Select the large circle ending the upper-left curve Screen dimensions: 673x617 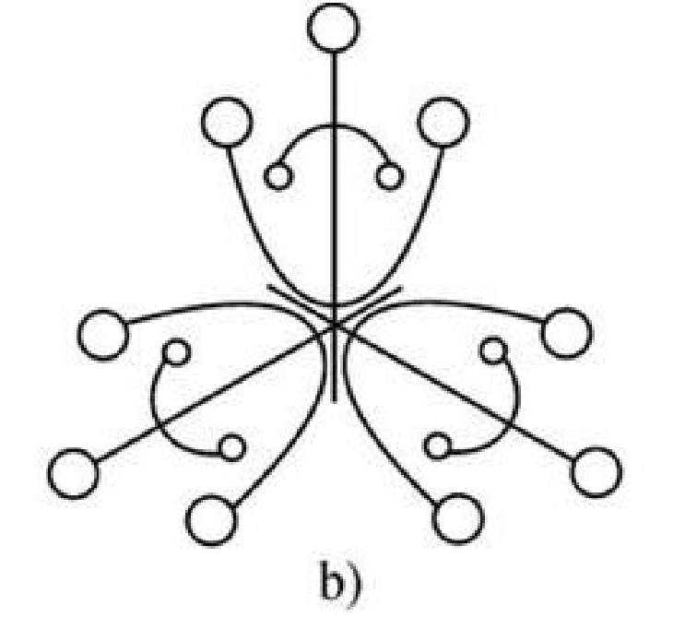coord(226,124)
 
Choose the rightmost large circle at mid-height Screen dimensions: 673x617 coord(565,334)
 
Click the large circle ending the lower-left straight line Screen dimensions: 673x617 coord(72,474)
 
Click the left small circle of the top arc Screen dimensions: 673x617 coord(277,176)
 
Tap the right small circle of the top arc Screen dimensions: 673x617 coord(390,175)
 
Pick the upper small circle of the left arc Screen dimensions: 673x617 coord(176,351)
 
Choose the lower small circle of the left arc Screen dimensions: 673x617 coord(231,448)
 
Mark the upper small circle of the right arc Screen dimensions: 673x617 coord(493,350)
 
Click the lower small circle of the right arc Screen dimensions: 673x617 coord(439,447)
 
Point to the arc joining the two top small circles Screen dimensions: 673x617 coord(334,126)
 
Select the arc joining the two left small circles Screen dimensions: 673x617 coord(150,406)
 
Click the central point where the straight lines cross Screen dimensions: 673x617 coord(334,325)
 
